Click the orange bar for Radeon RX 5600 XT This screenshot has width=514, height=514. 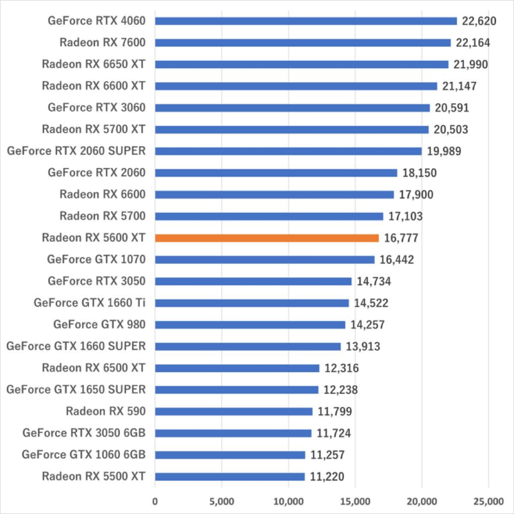(266, 238)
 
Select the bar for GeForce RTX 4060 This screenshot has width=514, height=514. (306, 21)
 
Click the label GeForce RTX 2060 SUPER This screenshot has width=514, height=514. (76, 151)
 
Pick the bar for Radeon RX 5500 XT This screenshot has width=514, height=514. (230, 477)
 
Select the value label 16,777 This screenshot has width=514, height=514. (401, 238)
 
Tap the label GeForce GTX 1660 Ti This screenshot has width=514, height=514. (90, 303)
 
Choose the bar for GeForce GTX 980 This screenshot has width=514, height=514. (250, 325)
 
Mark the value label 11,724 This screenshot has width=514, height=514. (334, 433)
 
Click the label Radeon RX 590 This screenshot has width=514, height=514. (105, 411)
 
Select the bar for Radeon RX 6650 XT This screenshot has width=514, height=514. (302, 64)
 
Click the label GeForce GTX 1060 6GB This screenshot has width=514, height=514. (84, 454)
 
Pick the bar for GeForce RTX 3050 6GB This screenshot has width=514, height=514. (233, 433)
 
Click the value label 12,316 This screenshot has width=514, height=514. (341, 368)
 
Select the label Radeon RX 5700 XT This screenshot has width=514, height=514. (93, 129)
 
